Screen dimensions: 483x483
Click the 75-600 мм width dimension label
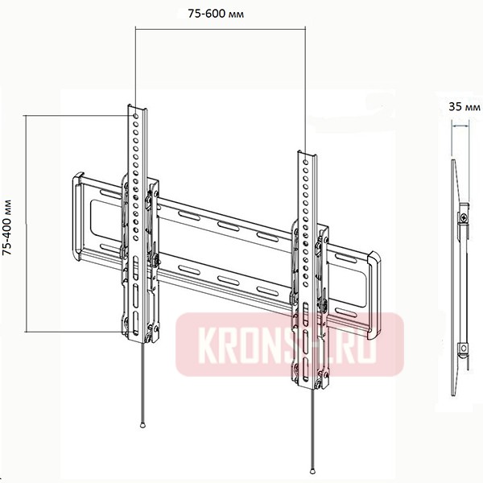tap(221, 13)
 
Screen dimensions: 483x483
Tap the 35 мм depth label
tap(460, 105)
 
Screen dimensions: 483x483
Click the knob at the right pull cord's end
tap(311, 471)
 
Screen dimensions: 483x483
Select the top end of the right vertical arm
tap(307, 151)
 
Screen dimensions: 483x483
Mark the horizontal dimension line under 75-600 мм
tap(221, 29)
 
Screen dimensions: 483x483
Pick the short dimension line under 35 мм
tap(460, 125)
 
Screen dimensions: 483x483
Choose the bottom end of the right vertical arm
tap(310, 383)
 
